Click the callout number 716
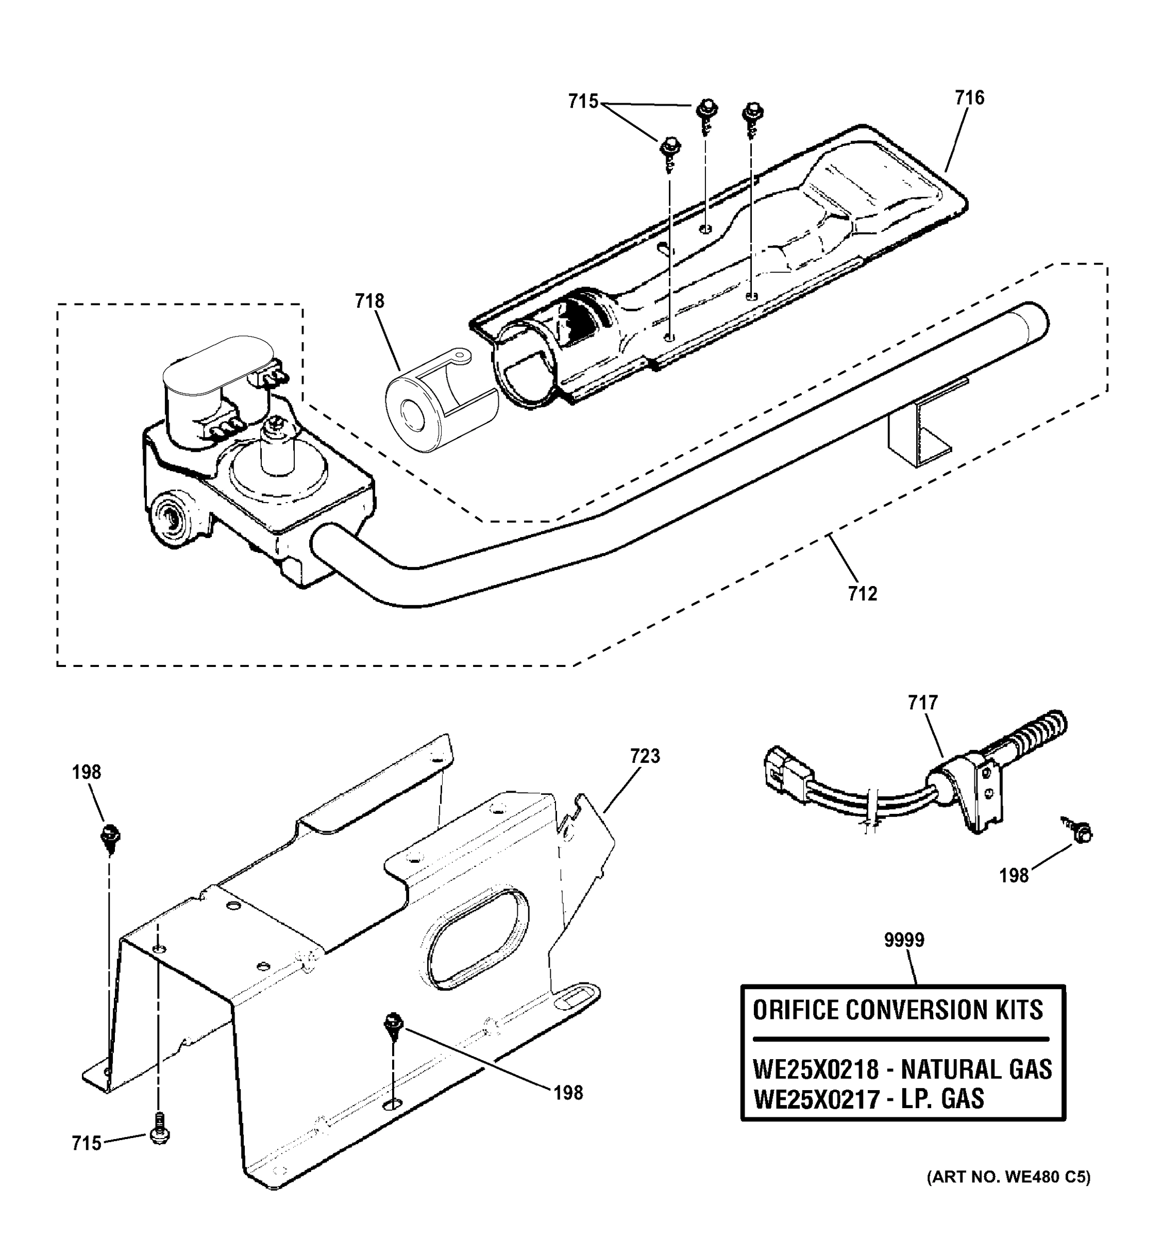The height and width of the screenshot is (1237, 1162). (x=970, y=98)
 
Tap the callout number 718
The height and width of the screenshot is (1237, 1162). (x=369, y=301)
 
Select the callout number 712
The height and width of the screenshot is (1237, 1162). (x=862, y=594)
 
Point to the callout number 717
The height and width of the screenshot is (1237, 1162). (x=922, y=703)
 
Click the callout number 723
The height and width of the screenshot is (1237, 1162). (x=645, y=756)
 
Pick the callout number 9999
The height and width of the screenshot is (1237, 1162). (x=904, y=940)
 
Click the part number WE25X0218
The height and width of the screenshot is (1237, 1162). (x=816, y=1069)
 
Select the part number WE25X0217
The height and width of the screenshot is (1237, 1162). (x=816, y=1099)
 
